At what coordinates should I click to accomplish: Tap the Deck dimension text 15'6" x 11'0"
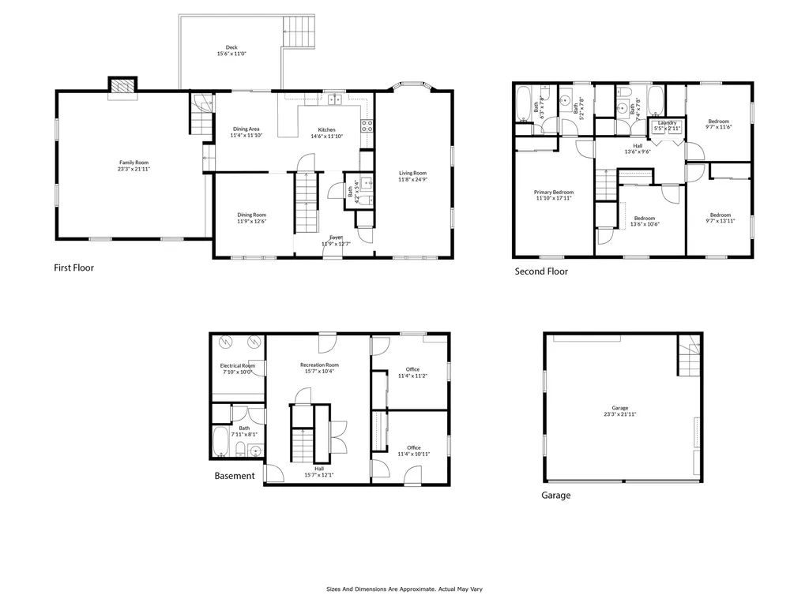(x=231, y=54)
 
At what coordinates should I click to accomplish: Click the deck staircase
(x=300, y=32)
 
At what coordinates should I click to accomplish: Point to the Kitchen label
(x=326, y=129)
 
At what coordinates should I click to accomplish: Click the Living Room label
(x=412, y=173)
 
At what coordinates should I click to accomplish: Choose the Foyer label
(x=336, y=237)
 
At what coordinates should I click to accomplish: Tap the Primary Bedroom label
(x=553, y=192)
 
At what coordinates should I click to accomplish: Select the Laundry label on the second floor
(x=667, y=122)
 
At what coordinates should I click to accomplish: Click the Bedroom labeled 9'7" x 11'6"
(x=718, y=121)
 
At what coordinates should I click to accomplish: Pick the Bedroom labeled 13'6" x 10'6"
(x=645, y=218)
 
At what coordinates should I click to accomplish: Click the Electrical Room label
(x=236, y=365)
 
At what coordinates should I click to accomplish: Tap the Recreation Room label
(x=319, y=365)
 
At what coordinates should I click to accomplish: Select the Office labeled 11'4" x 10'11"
(x=412, y=448)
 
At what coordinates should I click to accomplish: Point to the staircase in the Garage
(x=689, y=356)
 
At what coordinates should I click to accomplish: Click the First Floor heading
(x=73, y=267)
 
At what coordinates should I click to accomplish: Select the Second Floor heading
(x=541, y=271)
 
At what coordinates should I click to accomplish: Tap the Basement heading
(x=235, y=476)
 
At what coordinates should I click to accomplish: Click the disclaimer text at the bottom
(x=404, y=589)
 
